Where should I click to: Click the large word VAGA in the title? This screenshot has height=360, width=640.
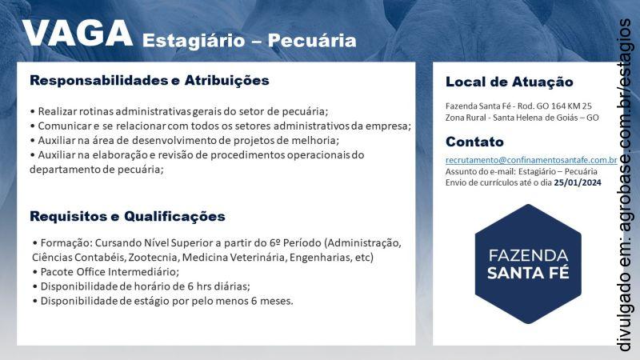(x=77, y=34)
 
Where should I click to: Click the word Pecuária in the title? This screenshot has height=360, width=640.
(x=317, y=40)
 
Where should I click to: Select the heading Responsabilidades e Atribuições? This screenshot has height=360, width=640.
(x=149, y=81)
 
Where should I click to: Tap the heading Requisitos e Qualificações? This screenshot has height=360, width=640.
(x=127, y=216)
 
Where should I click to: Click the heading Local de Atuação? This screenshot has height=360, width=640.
(x=509, y=82)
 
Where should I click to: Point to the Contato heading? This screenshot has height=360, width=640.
(x=474, y=142)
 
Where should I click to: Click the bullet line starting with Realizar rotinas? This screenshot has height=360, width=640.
(x=179, y=111)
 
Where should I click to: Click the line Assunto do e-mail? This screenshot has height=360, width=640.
(x=521, y=171)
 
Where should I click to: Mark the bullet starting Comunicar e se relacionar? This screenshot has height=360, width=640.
(x=220, y=126)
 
